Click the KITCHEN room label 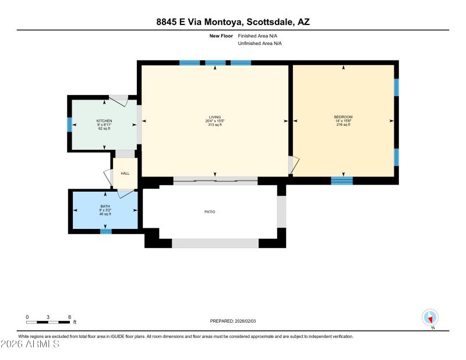pyautogui.click(x=104, y=121)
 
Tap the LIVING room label pyautogui.click(x=215, y=117)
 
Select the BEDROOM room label pyautogui.click(x=343, y=117)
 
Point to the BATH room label pyautogui.click(x=105, y=206)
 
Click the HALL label pyautogui.click(x=125, y=174)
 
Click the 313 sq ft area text pyautogui.click(x=215, y=125)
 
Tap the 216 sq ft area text pyautogui.click(x=343, y=125)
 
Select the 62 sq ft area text pyautogui.click(x=104, y=128)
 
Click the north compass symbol pyautogui.click(x=430, y=317)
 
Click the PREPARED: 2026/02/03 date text pyautogui.click(x=233, y=321)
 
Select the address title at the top pyautogui.click(x=233, y=22)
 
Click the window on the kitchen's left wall pyautogui.click(x=69, y=125)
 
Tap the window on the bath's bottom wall pyautogui.click(x=105, y=231)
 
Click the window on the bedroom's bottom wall pyautogui.click(x=342, y=181)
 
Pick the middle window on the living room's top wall pyautogui.click(x=215, y=63)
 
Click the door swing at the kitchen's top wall pyautogui.click(x=121, y=100)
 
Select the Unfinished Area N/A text pyautogui.click(x=260, y=44)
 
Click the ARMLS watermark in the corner pyautogui.click(x=30, y=344)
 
